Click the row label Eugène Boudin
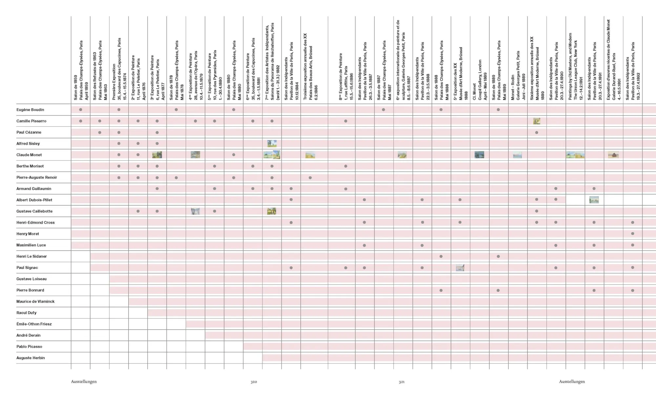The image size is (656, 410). pyautogui.click(x=30, y=110)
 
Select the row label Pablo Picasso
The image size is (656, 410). pyautogui.click(x=29, y=347)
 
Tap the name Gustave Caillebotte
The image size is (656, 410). pyautogui.click(x=34, y=211)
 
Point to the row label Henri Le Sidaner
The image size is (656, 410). pyautogui.click(x=31, y=256)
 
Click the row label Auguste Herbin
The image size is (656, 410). pyautogui.click(x=31, y=358)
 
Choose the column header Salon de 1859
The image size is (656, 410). pyautogui.click(x=81, y=71)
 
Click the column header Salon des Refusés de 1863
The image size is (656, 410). pyautogui.click(x=100, y=71)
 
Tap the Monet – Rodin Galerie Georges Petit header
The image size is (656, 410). pyautogui.click(x=518, y=75)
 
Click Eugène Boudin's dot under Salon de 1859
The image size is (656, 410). pyautogui.click(x=81, y=110)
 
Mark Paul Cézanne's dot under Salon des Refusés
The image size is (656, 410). pyautogui.click(x=100, y=133)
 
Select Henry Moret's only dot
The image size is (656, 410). pyautogui.click(x=632, y=234)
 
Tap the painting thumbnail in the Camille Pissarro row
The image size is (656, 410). pyautogui.click(x=537, y=121)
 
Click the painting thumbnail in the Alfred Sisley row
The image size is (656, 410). pyautogui.click(x=272, y=143)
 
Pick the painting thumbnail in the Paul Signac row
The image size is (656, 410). pyautogui.click(x=460, y=268)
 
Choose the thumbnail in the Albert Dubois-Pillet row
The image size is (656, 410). pyautogui.click(x=594, y=200)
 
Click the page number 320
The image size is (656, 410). pyautogui.click(x=254, y=382)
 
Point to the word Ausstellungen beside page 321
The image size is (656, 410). pyautogui.click(x=572, y=382)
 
